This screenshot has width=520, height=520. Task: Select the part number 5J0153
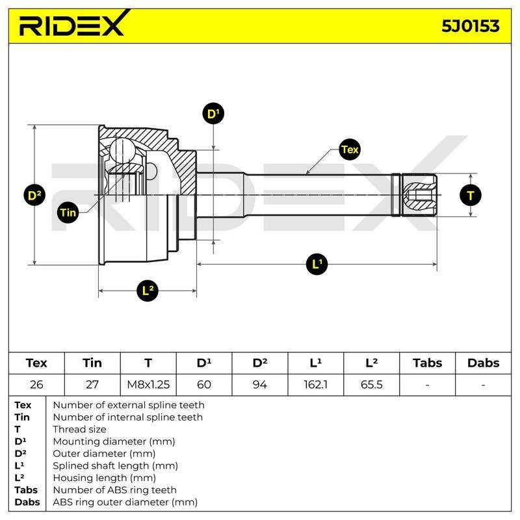pyautogui.click(x=470, y=26)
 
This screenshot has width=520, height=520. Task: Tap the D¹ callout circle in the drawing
pyautogui.click(x=213, y=113)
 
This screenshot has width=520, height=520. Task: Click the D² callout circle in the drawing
pyautogui.click(x=34, y=195)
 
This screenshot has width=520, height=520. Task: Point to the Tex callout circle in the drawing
pyautogui.click(x=350, y=149)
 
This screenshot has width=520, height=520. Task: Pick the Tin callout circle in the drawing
pyautogui.click(x=68, y=213)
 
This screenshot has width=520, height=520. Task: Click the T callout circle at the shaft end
pyautogui.click(x=471, y=195)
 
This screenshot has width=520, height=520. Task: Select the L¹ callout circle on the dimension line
pyautogui.click(x=317, y=264)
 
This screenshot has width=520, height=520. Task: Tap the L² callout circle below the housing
pyautogui.click(x=148, y=291)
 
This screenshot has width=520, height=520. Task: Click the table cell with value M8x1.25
pyautogui.click(x=148, y=384)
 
